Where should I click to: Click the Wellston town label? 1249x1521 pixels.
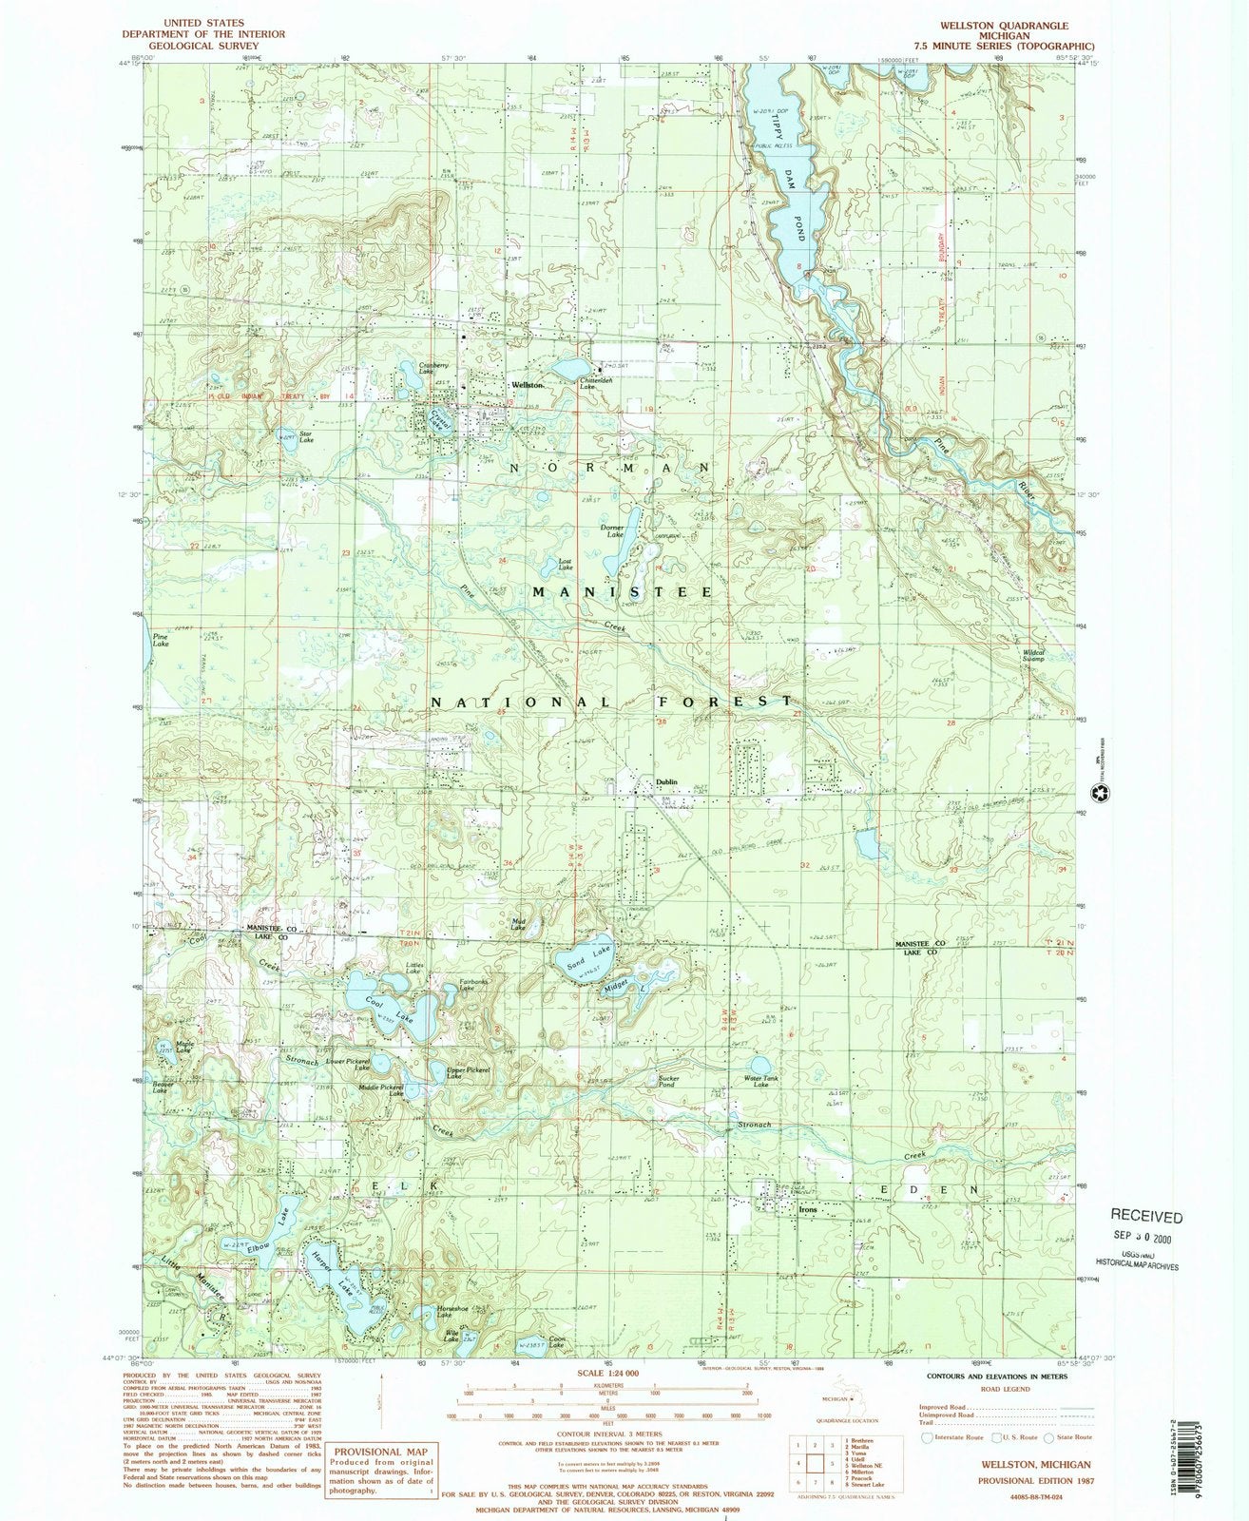pyautogui.click(x=528, y=384)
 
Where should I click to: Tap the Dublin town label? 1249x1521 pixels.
pyautogui.click(x=666, y=781)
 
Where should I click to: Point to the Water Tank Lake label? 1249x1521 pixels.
pyautogui.click(x=761, y=1081)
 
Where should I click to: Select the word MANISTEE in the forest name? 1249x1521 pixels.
pyautogui.click(x=622, y=591)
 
